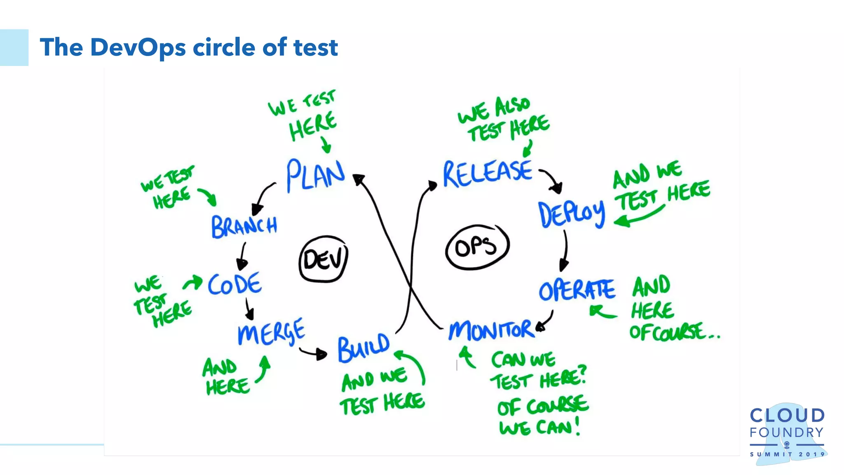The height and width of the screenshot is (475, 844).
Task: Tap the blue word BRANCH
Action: click(x=244, y=226)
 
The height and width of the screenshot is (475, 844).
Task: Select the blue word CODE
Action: click(x=234, y=284)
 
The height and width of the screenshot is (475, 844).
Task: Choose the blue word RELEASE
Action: click(x=488, y=174)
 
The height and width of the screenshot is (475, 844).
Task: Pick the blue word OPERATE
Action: click(x=577, y=290)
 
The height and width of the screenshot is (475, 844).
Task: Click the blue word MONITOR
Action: click(x=491, y=330)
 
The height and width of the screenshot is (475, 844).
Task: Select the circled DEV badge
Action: click(x=324, y=259)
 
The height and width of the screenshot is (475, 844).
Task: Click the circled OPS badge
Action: click(x=477, y=247)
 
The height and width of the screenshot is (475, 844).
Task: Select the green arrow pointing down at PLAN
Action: click(x=326, y=145)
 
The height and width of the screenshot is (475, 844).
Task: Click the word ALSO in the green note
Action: click(x=512, y=106)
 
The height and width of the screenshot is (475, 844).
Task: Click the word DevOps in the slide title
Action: click(x=138, y=47)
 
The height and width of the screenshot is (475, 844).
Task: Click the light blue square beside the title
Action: click(x=14, y=47)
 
